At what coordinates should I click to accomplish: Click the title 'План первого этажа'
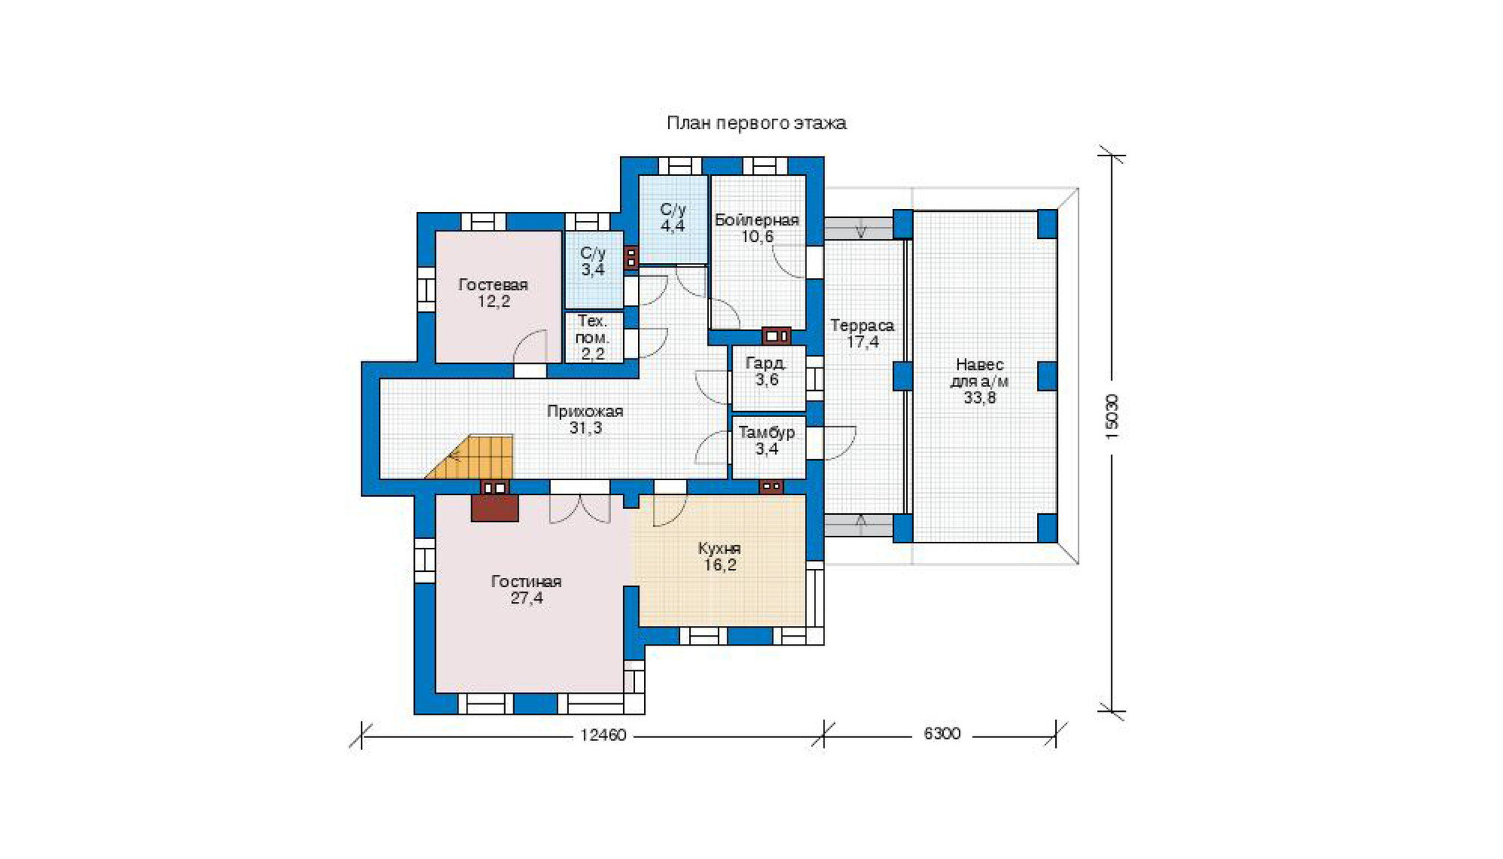pyautogui.click(x=756, y=122)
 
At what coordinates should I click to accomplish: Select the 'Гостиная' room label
pyautogui.click(x=526, y=581)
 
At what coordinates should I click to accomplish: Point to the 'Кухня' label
pyautogui.click(x=719, y=548)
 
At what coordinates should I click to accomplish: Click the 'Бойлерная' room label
pyautogui.click(x=756, y=219)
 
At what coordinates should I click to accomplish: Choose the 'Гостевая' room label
pyautogui.click(x=493, y=284)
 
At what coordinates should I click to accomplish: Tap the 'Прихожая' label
pyautogui.click(x=585, y=411)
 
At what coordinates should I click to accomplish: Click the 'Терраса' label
pyautogui.click(x=862, y=325)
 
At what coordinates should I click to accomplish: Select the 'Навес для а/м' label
pyautogui.click(x=979, y=373)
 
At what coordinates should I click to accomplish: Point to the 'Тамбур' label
pyautogui.click(x=767, y=432)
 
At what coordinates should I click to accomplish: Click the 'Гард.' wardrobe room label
pyautogui.click(x=766, y=363)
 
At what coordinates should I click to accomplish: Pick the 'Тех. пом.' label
pyautogui.click(x=592, y=329)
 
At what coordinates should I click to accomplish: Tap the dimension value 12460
pyautogui.click(x=603, y=735)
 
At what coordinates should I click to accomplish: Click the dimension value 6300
pyautogui.click(x=942, y=733)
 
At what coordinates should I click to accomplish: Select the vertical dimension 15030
pyautogui.click(x=1112, y=416)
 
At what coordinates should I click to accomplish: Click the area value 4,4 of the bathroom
pyautogui.click(x=673, y=225)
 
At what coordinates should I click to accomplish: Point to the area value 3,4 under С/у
pyautogui.click(x=592, y=269)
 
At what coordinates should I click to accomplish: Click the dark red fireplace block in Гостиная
pyautogui.click(x=494, y=508)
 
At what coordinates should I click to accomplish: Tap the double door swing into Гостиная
pyautogui.click(x=579, y=509)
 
